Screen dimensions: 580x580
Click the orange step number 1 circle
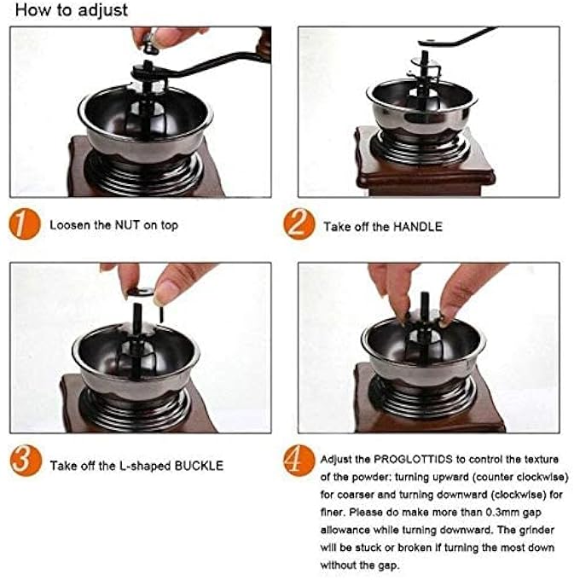tap(25, 223)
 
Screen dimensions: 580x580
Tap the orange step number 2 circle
tap(299, 223)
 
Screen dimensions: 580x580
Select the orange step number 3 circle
tap(26, 461)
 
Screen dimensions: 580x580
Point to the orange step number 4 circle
tap(299, 461)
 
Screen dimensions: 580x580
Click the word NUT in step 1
tap(127, 225)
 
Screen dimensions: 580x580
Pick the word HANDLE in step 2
tap(418, 226)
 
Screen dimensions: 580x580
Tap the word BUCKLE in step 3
tap(199, 466)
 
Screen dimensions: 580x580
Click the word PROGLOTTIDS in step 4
tap(413, 460)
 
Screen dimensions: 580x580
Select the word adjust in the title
tap(103, 10)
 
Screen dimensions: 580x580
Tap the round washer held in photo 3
tap(140, 292)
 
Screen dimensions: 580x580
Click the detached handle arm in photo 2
tap(457, 38)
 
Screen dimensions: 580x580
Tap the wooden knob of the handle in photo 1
tap(264, 43)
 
